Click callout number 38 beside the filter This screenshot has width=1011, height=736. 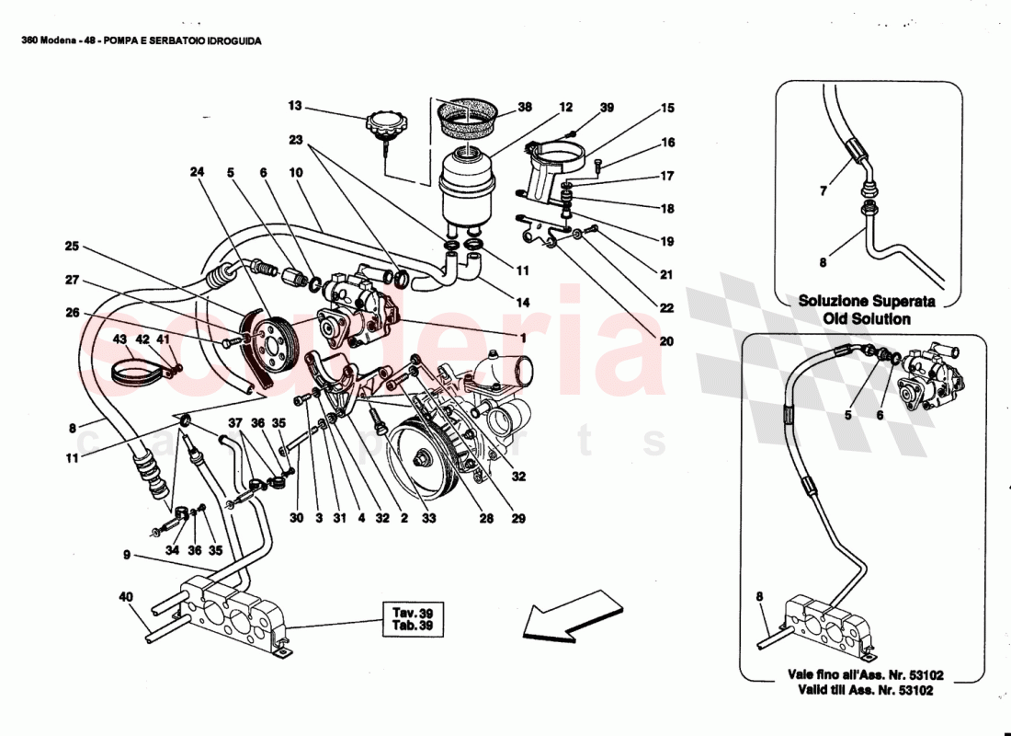point(525,107)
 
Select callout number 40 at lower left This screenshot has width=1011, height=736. point(125,596)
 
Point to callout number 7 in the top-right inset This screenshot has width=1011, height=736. point(823,190)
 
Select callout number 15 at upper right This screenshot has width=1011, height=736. point(666,109)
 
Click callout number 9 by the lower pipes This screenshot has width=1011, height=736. point(125,556)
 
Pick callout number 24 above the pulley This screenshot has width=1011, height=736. point(195,171)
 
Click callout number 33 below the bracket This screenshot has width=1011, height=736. point(428,518)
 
